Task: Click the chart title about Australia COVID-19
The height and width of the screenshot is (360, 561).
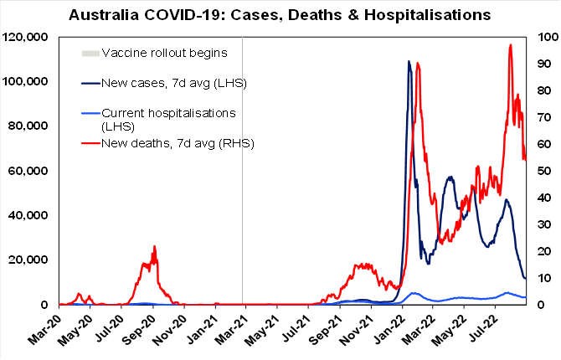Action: click(280, 15)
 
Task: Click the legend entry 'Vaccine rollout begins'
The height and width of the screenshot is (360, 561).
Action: click(164, 54)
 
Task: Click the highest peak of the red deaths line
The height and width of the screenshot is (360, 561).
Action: click(511, 45)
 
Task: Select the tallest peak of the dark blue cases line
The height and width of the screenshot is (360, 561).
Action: click(409, 61)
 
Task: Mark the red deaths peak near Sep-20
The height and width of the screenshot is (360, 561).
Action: click(154, 247)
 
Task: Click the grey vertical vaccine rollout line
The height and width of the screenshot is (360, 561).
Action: click(243, 167)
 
